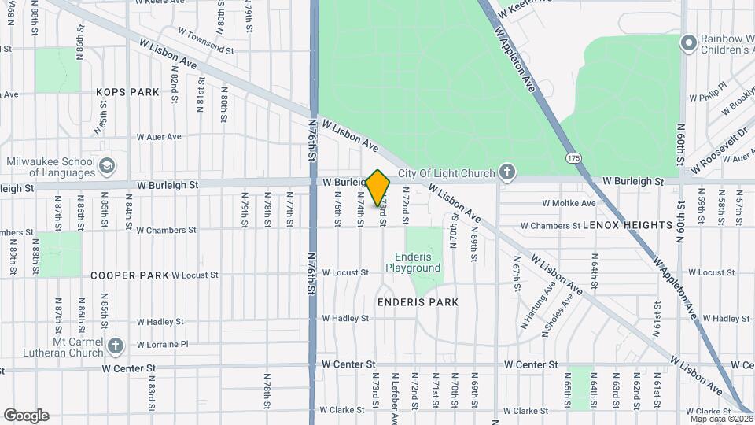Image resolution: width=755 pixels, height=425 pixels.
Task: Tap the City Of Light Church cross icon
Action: pyautogui.click(x=508, y=172)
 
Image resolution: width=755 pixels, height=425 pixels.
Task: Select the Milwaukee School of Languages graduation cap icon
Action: pyautogui.click(x=107, y=166)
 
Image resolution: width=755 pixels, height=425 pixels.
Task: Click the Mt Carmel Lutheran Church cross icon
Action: pyautogui.click(x=116, y=346)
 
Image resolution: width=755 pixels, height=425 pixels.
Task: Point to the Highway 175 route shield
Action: pyautogui.click(x=573, y=158)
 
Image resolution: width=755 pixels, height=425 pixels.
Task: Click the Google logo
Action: pyautogui.click(x=26, y=416)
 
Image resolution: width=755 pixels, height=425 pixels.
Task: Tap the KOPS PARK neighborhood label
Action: pyautogui.click(x=128, y=92)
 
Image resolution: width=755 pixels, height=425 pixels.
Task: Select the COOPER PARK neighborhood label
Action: pyautogui.click(x=130, y=275)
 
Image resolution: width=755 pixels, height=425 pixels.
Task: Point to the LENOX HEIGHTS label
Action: pyautogui.click(x=627, y=225)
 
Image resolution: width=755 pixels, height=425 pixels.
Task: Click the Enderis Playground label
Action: pyautogui.click(x=413, y=263)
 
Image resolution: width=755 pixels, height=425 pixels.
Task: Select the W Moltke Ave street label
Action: pyautogui.click(x=569, y=203)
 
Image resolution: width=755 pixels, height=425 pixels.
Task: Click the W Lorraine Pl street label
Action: pyautogui.click(x=163, y=345)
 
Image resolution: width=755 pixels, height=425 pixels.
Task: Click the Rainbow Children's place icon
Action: pyautogui.click(x=689, y=42)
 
